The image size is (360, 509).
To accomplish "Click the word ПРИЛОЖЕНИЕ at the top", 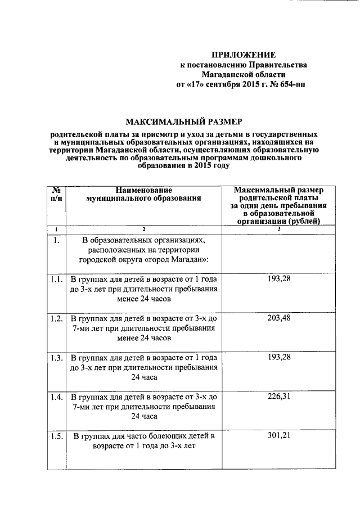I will [243, 55].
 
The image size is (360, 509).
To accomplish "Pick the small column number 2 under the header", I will [143, 229].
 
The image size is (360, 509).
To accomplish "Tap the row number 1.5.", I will [56, 436].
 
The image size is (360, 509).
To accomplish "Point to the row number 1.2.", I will [56, 318].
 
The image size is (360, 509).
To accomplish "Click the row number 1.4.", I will [56, 397].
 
